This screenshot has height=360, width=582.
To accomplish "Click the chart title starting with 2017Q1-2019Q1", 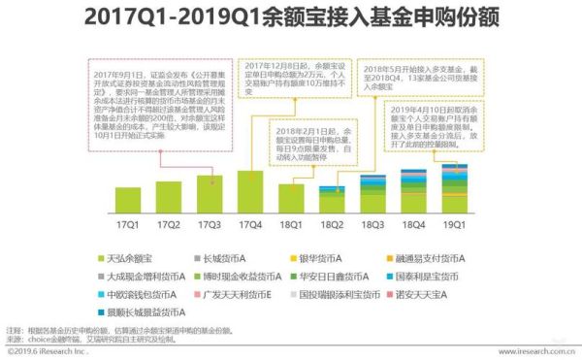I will tap(291, 16).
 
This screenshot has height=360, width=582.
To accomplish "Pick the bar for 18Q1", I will tap(291, 199).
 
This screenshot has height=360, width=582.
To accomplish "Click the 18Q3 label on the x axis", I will tap(372, 224).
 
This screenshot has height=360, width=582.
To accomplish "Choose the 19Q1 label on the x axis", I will tap(454, 224).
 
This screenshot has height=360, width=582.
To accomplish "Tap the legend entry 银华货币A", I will tap(322, 259).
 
